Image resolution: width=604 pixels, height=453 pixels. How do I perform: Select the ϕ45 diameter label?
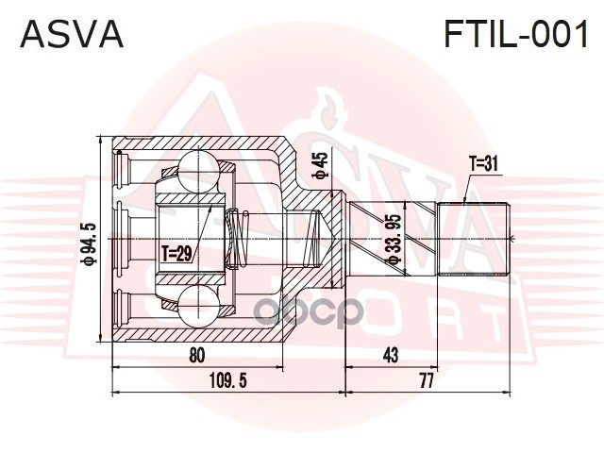(321, 165)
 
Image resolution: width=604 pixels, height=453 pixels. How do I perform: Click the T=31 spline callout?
(482, 163)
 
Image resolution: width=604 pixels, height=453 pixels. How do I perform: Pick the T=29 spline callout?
(176, 253)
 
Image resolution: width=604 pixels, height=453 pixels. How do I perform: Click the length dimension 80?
(196, 355)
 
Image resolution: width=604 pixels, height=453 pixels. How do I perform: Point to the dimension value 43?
(391, 355)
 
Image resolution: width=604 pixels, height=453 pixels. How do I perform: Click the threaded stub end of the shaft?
(485, 232)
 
